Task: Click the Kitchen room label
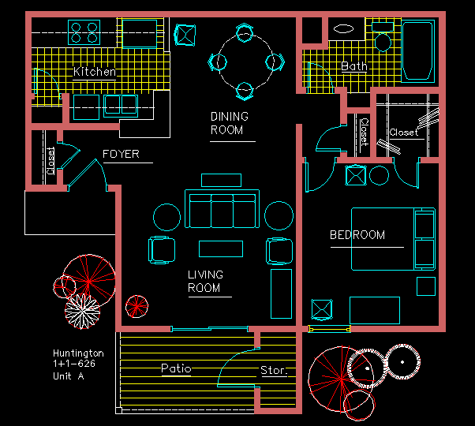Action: point(95,72)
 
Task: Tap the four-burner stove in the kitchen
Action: point(84,32)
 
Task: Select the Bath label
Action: point(353,66)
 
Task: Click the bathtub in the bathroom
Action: point(418,51)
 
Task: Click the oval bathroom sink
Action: point(343,29)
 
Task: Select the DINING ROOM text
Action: point(230,123)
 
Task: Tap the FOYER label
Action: point(121,154)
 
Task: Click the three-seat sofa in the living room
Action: point(222,208)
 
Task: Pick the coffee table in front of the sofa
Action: point(221,248)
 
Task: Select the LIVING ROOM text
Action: point(205,282)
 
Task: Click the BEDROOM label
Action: point(357,235)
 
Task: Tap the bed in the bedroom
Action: point(393,239)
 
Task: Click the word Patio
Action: point(176,368)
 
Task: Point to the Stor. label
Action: point(274,370)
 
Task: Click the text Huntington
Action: point(78,353)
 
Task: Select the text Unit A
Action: point(69,376)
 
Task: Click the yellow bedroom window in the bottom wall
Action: point(329,329)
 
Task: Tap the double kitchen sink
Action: point(121,106)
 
